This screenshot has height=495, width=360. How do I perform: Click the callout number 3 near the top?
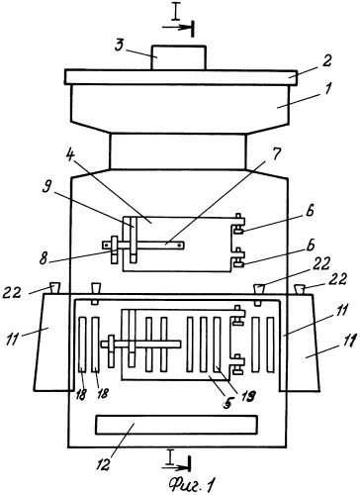coord(120,46)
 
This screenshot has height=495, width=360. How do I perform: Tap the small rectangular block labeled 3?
coord(178,57)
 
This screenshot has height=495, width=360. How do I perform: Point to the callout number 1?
coord(327,88)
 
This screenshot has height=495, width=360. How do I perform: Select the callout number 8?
coord(44,259)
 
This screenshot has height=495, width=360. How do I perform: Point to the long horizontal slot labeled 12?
coord(176,425)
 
